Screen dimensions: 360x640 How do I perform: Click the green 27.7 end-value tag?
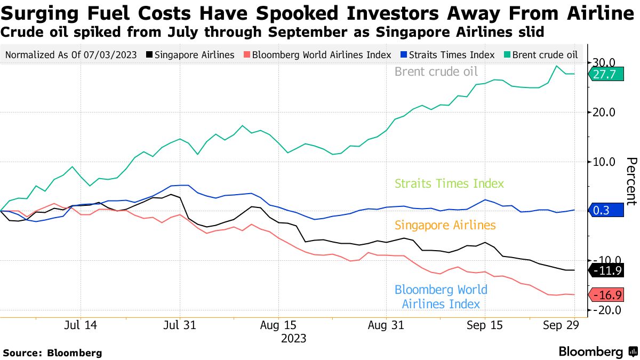click(606, 75)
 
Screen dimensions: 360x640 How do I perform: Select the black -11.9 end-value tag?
click(606, 270)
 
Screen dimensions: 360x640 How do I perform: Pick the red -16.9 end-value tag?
click(606, 295)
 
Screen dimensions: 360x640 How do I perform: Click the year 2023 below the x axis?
click(293, 338)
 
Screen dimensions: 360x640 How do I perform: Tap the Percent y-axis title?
click(631, 181)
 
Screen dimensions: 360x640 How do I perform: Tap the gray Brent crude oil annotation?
click(436, 72)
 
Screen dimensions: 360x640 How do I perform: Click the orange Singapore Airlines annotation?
click(445, 225)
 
